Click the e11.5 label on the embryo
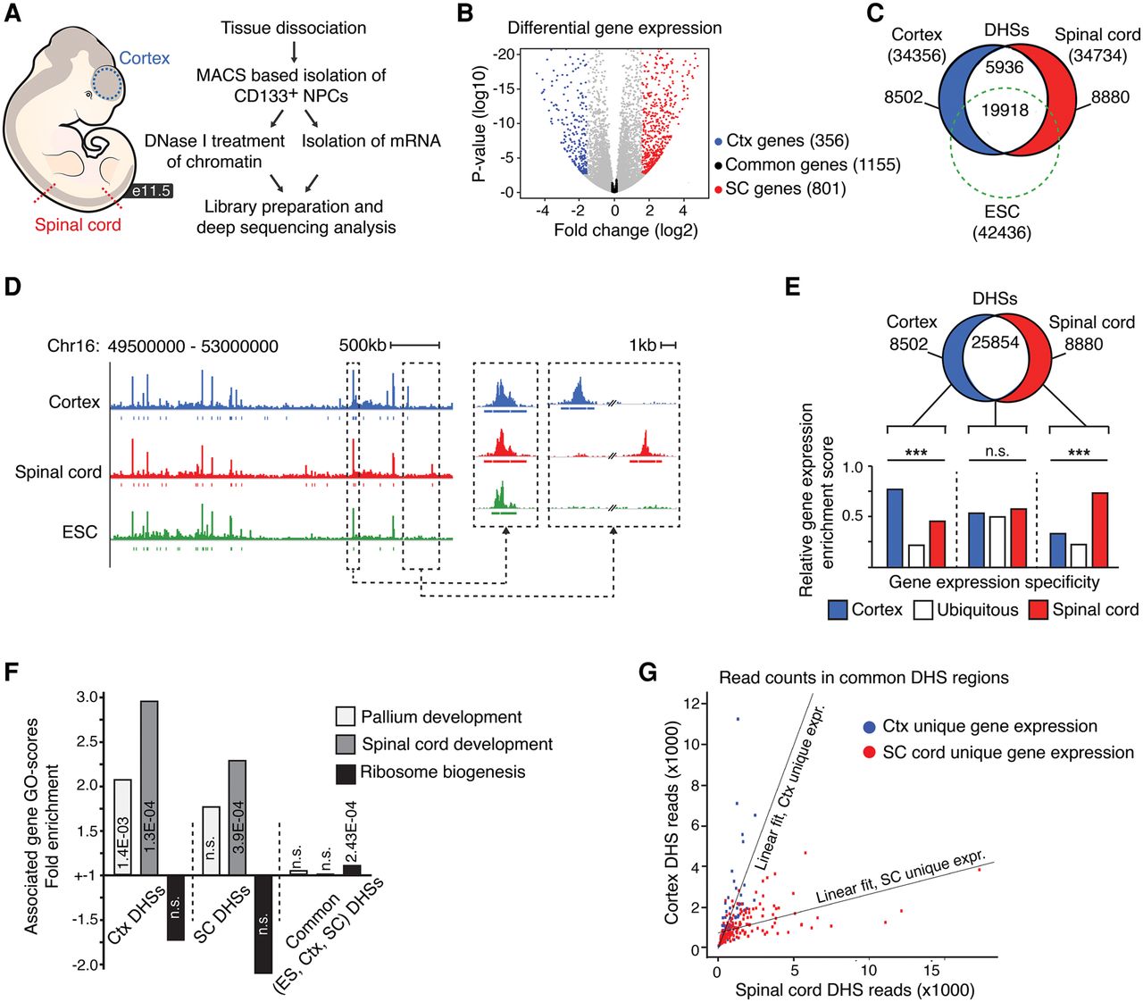(x=151, y=191)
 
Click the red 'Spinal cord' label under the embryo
(x=78, y=224)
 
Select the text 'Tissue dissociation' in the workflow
(x=294, y=28)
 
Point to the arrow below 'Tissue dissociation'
(x=294, y=51)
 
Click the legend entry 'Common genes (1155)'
(x=807, y=164)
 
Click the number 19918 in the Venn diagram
(x=1005, y=110)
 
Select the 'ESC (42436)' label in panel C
(x=1001, y=221)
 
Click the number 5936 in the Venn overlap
(x=1004, y=67)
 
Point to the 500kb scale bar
(x=414, y=345)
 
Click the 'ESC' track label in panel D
(x=79, y=532)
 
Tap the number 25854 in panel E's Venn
(x=995, y=342)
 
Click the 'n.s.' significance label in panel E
(x=997, y=451)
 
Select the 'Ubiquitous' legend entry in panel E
(x=966, y=610)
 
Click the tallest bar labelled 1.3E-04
(x=149, y=788)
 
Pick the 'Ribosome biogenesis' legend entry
(x=430, y=772)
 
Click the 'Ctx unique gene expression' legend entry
(x=980, y=726)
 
